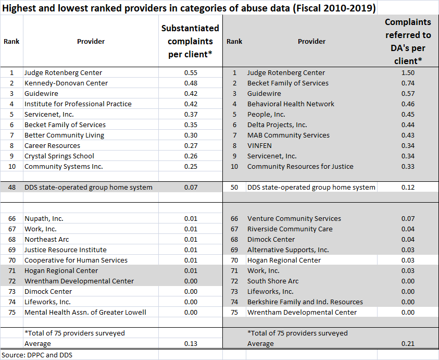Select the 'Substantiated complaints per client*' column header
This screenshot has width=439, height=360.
tap(190, 41)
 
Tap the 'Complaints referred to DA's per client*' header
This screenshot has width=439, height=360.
tap(408, 41)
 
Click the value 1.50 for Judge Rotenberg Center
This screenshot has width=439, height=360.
tap(408, 73)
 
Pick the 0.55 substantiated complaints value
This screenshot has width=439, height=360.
tap(190, 73)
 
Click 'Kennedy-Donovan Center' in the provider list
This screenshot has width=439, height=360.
tap(66, 83)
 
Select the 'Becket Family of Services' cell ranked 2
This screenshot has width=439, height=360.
tap(287, 83)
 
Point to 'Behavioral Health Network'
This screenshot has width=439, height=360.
tap(291, 104)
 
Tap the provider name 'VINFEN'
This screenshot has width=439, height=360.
tap(260, 146)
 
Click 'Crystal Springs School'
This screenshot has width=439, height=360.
tap(59, 156)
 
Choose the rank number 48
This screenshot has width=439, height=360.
tap(11, 188)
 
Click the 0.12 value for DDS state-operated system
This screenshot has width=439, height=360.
tap(408, 188)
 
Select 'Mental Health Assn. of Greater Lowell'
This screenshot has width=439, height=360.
tap(85, 313)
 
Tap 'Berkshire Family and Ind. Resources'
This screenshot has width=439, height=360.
tap(305, 302)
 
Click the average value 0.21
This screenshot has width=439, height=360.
tap(408, 344)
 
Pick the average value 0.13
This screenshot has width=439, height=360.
tap(190, 344)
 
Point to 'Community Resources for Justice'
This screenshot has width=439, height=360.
tap(300, 167)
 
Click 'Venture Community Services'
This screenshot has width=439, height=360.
tap(294, 219)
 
